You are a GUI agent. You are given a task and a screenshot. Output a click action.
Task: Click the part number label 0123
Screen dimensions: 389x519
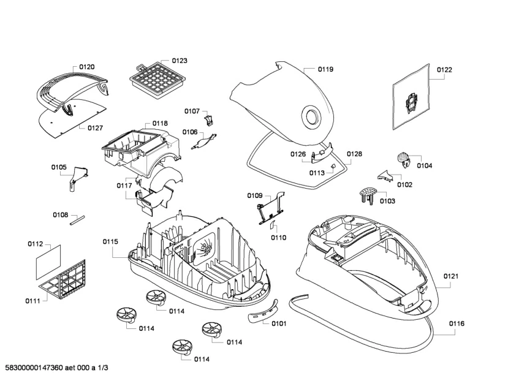(x=180, y=61)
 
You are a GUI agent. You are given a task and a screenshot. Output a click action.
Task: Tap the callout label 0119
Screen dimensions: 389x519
(x=325, y=70)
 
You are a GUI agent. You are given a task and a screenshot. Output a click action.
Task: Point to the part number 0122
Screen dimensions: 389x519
(x=444, y=70)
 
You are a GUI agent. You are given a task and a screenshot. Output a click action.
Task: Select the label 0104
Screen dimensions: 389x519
(x=425, y=166)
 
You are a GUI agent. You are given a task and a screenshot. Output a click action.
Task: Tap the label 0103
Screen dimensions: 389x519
(x=387, y=201)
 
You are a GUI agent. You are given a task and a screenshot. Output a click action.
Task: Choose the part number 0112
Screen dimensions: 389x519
(x=35, y=244)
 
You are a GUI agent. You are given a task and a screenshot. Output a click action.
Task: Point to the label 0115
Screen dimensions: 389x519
(x=110, y=241)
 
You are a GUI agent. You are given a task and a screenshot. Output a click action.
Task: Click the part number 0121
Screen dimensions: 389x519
(x=450, y=276)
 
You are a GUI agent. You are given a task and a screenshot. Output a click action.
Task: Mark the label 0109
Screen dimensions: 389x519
(x=255, y=195)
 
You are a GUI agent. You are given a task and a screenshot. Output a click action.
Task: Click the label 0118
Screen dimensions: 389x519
(x=160, y=123)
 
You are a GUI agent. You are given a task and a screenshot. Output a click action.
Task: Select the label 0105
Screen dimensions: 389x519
(x=59, y=167)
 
